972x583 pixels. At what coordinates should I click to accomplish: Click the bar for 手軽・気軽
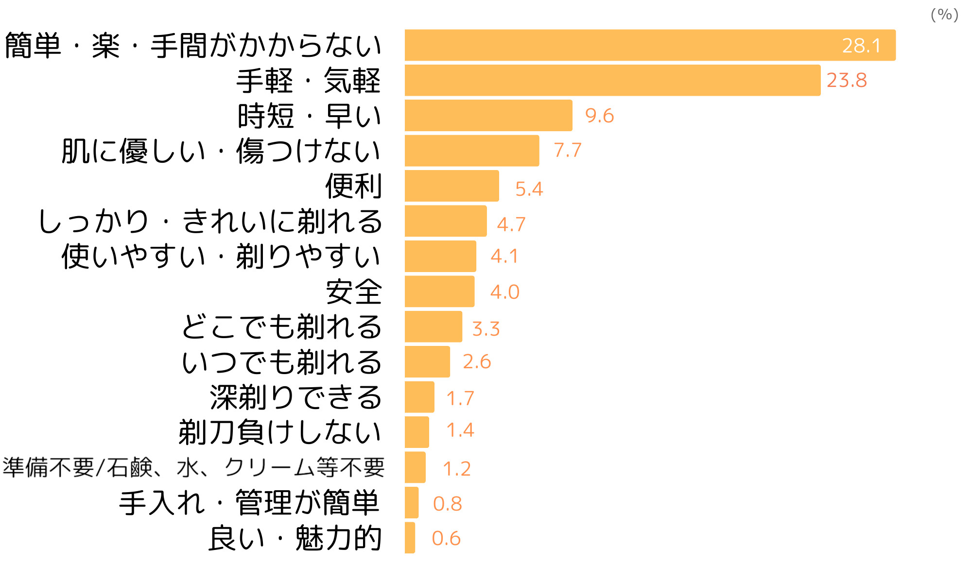pos(612,80)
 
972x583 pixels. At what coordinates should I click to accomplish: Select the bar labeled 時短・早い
pos(488,116)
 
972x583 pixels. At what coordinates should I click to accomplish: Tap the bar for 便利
pos(451,186)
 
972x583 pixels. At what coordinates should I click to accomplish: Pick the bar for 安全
pos(439,291)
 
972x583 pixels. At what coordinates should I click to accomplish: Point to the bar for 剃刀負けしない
pos(417,432)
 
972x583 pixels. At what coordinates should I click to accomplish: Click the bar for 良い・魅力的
pos(410,538)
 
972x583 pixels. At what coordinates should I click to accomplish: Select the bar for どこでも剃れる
pos(433,326)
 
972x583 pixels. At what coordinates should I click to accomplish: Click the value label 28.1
pos(861,46)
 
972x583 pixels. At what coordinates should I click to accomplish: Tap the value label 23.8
pos(847,80)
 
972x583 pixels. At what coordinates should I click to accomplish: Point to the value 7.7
pos(567,151)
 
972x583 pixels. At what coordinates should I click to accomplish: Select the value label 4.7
pos(511,224)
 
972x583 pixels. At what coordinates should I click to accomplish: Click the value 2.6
pos(477,362)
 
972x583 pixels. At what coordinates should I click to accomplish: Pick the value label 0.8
pos(447,504)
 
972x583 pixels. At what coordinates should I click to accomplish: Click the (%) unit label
pos(944,15)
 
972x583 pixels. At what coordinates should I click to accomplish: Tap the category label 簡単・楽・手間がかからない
pos(193,46)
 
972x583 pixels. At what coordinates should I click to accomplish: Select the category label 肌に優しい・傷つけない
pos(221,151)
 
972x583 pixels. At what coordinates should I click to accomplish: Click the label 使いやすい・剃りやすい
pos(221,257)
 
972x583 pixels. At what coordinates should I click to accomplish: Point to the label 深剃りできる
pos(295,397)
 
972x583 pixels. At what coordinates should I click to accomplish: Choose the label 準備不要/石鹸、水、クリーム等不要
pos(193,467)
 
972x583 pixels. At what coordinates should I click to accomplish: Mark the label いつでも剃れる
pos(281,362)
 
